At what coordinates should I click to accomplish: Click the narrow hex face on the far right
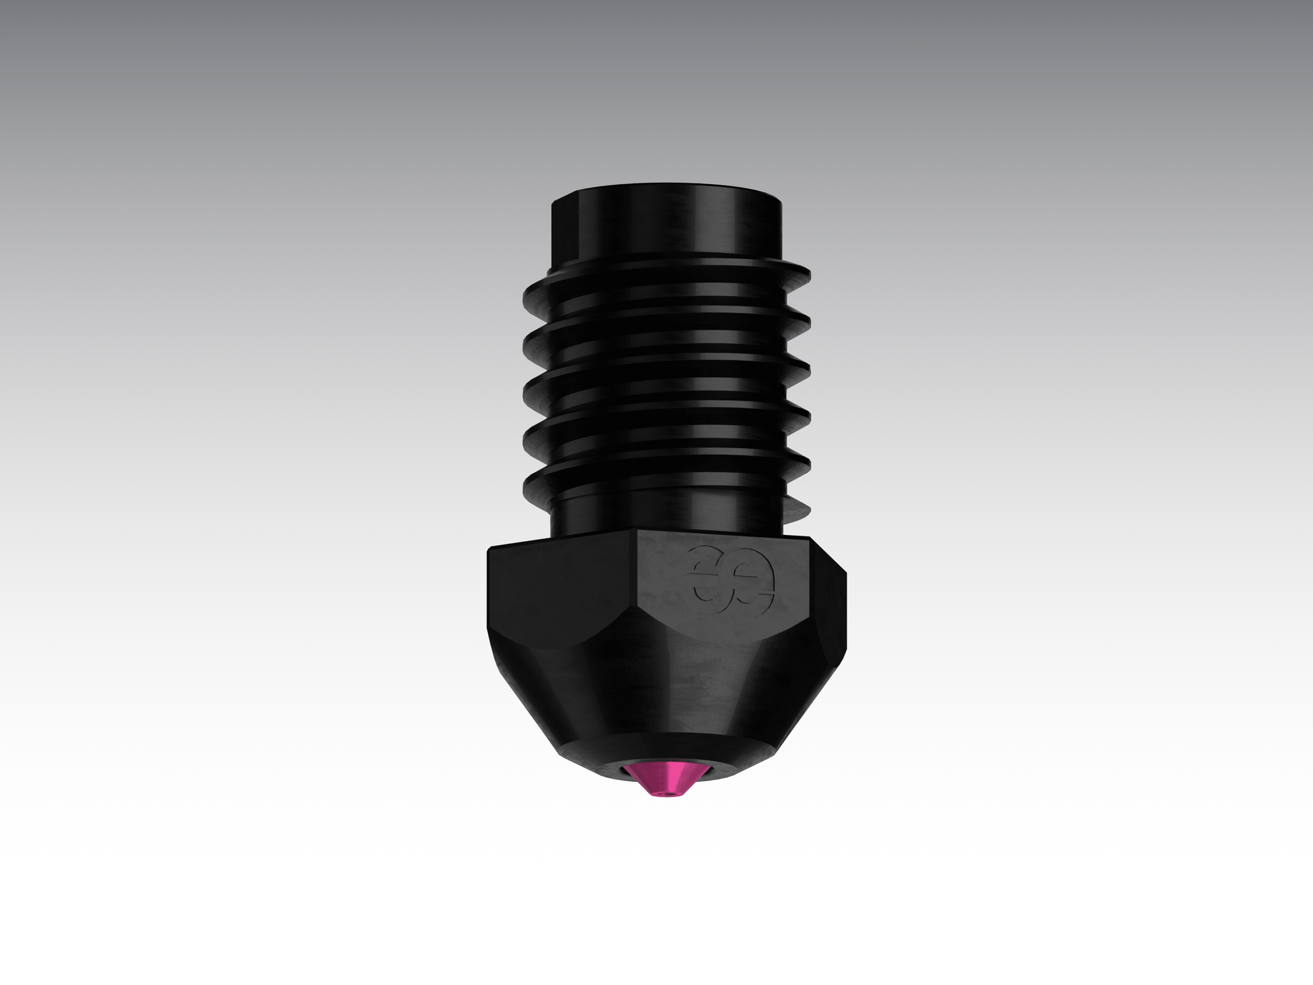840,594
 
